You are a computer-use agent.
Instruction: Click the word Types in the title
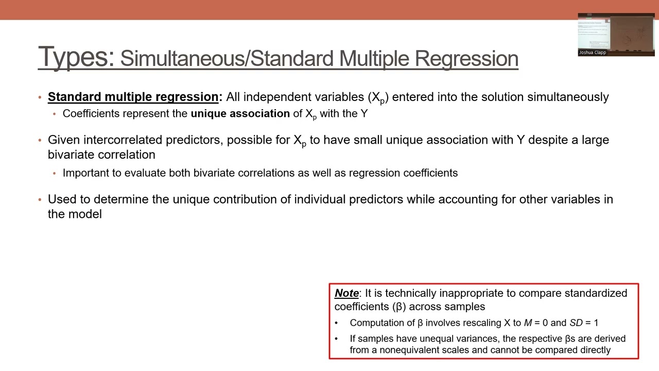point(76,57)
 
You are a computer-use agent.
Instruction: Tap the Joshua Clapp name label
point(592,53)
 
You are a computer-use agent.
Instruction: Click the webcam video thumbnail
point(616,34)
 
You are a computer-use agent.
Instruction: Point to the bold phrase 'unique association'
point(240,113)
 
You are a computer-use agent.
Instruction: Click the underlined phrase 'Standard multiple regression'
point(133,97)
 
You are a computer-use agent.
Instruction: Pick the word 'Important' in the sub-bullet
point(86,173)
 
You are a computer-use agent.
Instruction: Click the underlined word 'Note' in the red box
point(346,293)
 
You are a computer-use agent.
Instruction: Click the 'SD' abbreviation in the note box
point(576,323)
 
